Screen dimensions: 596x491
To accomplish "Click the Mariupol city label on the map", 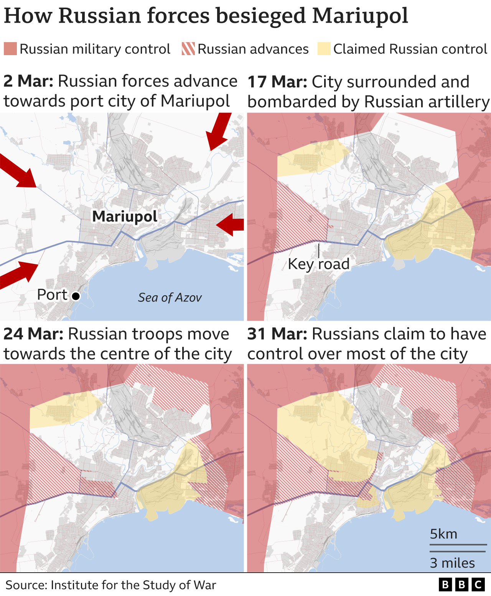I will [125, 216].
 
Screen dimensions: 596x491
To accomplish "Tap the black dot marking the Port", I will [76, 296].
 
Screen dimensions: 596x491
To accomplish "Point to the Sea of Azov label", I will [170, 298].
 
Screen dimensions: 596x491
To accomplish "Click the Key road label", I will [318, 264].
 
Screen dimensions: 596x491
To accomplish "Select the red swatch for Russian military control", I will [10, 49].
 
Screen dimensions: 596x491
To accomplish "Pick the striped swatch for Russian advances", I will [188, 49].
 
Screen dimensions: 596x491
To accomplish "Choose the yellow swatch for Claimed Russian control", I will [324, 49].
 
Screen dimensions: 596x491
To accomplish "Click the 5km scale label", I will [443, 534].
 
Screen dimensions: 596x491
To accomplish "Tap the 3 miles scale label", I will [452, 563].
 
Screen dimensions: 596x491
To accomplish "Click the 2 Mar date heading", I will [28, 81].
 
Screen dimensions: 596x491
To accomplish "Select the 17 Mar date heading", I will [277, 82].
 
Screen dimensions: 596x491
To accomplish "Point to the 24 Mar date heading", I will [33, 334].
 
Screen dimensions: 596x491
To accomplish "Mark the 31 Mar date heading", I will [277, 334].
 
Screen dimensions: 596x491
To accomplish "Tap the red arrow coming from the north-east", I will [219, 132].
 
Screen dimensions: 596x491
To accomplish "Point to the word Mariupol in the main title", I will [360, 16].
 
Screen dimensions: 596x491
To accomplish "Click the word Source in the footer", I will [26, 585].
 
